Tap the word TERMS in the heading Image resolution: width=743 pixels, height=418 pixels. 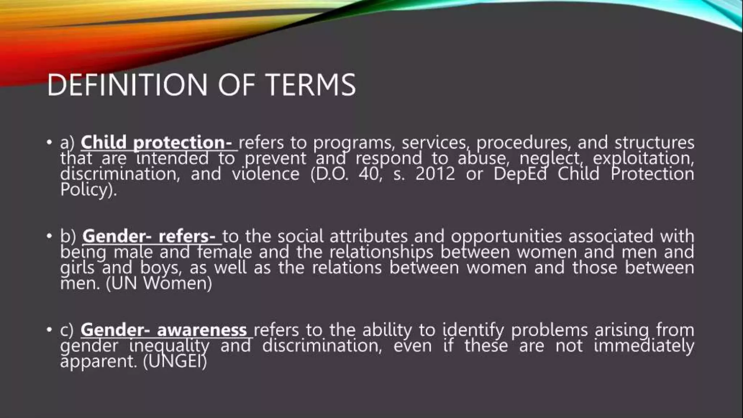click(311, 85)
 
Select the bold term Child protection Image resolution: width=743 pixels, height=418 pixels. click(156, 142)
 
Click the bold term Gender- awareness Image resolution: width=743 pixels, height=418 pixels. click(163, 330)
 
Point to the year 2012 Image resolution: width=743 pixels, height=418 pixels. click(435, 174)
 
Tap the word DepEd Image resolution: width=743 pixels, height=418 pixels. click(520, 174)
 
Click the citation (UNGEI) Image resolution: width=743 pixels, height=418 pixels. click(175, 361)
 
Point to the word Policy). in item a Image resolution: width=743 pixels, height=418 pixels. click(89, 189)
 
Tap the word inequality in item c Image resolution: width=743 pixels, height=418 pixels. click(169, 346)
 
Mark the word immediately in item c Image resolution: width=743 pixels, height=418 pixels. click(644, 346)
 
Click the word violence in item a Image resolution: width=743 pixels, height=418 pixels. click(266, 174)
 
